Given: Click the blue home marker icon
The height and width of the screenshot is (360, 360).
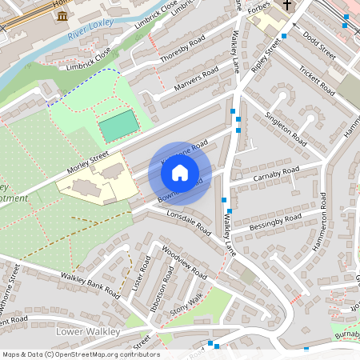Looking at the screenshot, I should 180,172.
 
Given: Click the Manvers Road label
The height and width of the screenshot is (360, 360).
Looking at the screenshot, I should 196,78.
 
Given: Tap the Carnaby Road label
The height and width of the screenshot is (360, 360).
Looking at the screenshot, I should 275,172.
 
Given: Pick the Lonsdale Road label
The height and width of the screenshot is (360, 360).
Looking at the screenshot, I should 188,222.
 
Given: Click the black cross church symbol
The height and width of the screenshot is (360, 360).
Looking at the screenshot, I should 286,6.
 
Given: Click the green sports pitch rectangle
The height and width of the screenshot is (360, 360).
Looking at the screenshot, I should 118,127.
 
